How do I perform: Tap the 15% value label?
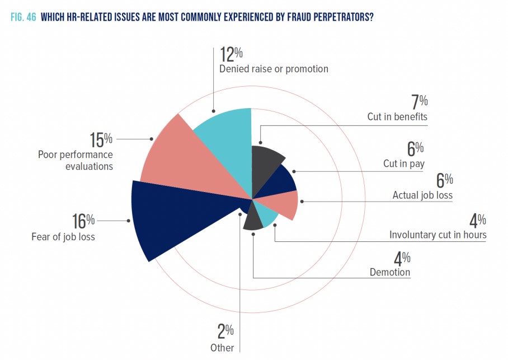click(102, 139)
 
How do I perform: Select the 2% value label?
click(225, 331)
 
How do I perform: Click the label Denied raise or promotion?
click(274, 69)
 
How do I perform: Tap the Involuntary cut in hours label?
click(438, 235)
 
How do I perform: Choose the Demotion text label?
click(390, 273)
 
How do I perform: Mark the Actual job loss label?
click(422, 195)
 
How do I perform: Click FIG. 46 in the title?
click(23, 17)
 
